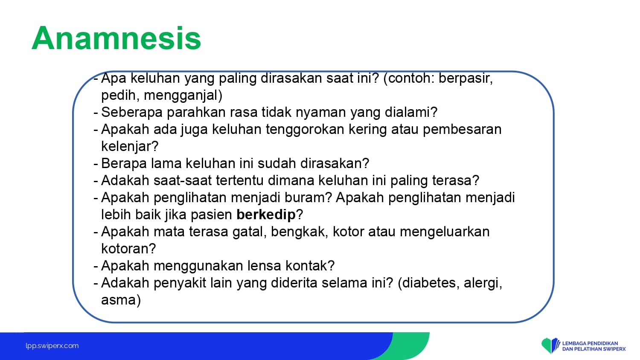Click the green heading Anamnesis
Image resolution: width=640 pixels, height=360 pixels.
[x=116, y=38]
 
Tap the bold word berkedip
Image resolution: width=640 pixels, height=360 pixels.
[x=266, y=215]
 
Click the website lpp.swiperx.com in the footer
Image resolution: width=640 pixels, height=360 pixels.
[x=52, y=346]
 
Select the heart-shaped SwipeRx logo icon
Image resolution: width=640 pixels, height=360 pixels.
[x=550, y=345]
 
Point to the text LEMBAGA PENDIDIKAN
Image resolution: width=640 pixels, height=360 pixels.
[x=590, y=343]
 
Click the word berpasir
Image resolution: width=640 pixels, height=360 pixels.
[x=465, y=78]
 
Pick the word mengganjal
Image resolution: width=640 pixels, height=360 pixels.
[x=183, y=96]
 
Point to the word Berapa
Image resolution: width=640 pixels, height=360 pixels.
[x=124, y=163]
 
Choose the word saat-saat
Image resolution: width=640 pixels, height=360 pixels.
[x=183, y=180]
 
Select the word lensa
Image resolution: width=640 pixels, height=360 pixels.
[x=264, y=266]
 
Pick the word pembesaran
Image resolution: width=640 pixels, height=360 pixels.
[x=462, y=129]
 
